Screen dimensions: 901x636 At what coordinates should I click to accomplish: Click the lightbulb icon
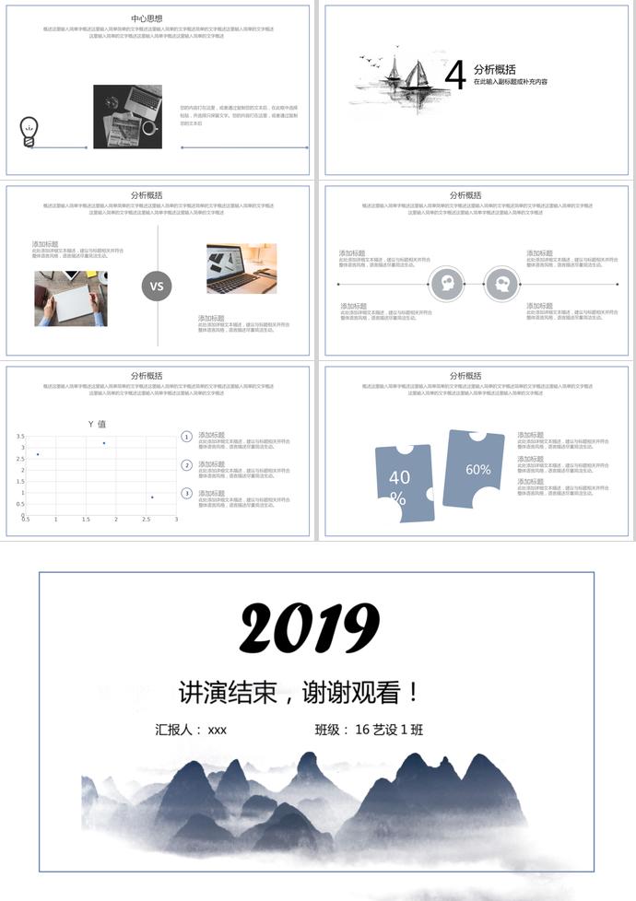(29, 131)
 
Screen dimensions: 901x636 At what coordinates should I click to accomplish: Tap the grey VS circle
(157, 286)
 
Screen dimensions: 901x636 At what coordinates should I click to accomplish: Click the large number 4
(454, 76)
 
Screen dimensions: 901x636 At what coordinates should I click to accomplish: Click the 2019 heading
(310, 629)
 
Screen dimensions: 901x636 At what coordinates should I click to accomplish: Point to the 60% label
(477, 469)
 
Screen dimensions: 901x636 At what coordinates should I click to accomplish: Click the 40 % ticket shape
(402, 483)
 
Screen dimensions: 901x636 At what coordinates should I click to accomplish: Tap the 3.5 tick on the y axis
(21, 436)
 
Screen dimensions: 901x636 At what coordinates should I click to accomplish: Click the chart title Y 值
(97, 424)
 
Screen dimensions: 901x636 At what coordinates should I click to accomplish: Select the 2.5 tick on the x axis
(146, 520)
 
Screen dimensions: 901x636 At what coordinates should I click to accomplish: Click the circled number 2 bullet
(186, 465)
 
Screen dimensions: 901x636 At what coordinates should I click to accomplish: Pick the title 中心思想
(147, 18)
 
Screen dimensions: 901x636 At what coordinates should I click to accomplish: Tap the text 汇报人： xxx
(191, 730)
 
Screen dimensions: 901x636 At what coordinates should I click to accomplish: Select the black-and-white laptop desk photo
(127, 117)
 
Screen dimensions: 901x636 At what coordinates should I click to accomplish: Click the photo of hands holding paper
(71, 298)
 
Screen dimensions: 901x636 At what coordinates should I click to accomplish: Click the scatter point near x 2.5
(152, 497)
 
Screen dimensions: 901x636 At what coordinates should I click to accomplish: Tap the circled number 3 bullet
(186, 494)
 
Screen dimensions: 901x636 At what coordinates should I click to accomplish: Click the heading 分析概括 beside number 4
(494, 69)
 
